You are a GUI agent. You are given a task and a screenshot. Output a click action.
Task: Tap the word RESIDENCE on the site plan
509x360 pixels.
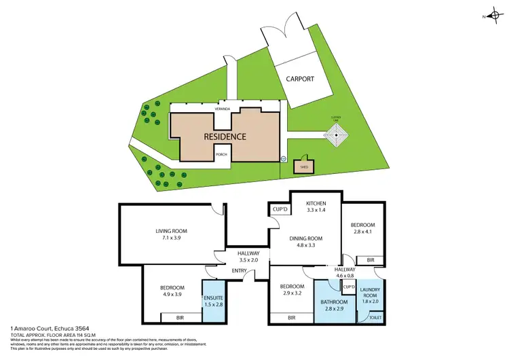225,137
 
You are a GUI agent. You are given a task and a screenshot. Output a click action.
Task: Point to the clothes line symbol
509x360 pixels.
336,137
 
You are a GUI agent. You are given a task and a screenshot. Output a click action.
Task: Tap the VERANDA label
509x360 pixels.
225,109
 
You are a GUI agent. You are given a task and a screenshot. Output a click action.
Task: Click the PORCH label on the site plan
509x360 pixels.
221,155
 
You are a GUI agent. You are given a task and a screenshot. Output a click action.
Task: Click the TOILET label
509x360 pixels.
374,317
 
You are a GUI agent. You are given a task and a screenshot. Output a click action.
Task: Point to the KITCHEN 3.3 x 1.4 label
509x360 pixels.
317,207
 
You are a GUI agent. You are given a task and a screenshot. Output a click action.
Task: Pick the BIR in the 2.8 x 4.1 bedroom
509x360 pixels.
370,260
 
